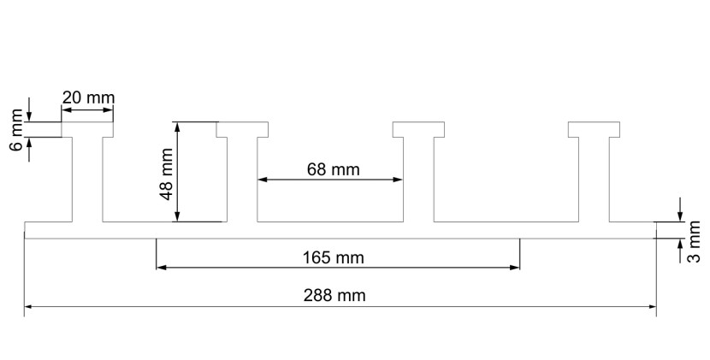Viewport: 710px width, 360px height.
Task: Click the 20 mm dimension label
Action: click(88, 97)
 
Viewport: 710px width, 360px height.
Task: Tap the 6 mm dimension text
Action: click(16, 130)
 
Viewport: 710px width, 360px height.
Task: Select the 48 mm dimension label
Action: click(167, 174)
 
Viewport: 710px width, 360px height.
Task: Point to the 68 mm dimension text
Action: click(334, 169)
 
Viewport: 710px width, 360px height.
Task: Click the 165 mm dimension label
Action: click(334, 257)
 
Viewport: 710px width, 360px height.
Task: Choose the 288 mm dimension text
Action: click(334, 295)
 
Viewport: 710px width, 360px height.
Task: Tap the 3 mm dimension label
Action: click(694, 242)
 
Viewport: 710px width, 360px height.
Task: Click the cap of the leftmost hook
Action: click(87, 129)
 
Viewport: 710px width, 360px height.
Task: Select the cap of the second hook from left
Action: click(242, 129)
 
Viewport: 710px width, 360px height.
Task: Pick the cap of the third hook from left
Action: click(418, 129)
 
